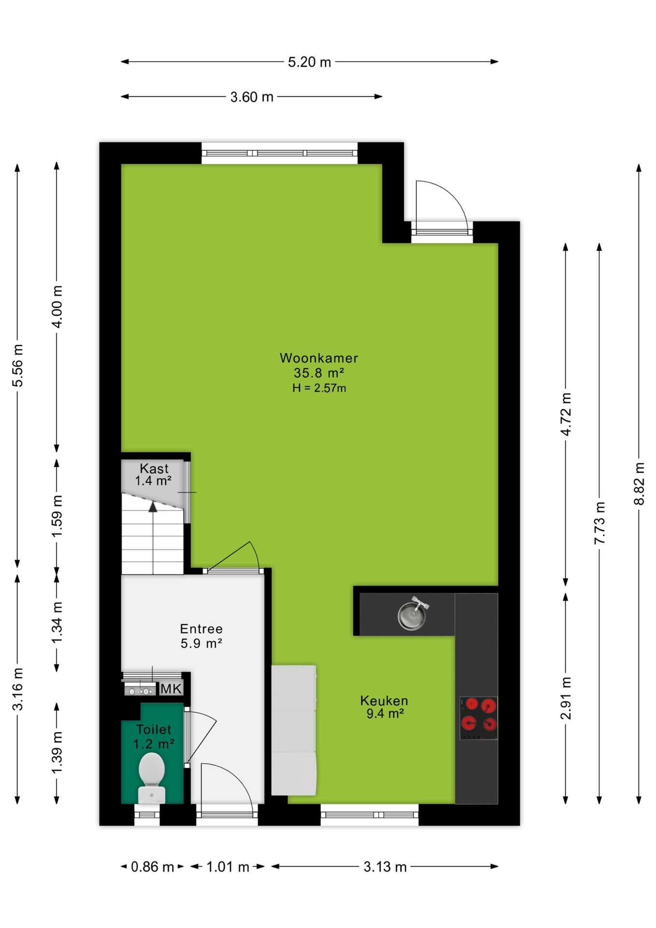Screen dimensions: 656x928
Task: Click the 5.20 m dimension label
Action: click(x=309, y=62)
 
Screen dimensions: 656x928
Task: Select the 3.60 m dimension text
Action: click(x=252, y=97)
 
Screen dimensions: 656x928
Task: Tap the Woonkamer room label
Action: click(x=319, y=358)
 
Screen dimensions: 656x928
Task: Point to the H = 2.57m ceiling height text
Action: click(x=319, y=388)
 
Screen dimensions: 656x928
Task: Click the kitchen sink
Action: click(x=413, y=614)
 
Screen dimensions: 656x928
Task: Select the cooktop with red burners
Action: click(x=478, y=718)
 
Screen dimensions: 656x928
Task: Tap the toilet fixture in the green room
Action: click(x=152, y=778)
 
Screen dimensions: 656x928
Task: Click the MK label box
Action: click(x=171, y=688)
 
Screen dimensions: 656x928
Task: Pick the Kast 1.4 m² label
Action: click(x=154, y=475)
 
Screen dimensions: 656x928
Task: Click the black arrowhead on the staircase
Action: click(x=153, y=507)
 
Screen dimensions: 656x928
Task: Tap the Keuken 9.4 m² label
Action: click(x=384, y=707)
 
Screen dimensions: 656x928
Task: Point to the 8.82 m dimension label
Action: click(x=639, y=484)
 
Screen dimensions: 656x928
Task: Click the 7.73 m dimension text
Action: click(x=599, y=523)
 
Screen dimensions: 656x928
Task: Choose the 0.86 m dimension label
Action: click(x=152, y=867)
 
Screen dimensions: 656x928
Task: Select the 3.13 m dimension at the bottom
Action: click(x=385, y=867)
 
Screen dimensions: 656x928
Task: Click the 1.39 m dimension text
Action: click(x=57, y=752)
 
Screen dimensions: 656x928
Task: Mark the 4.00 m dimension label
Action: click(x=57, y=307)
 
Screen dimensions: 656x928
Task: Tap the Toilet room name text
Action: click(x=154, y=729)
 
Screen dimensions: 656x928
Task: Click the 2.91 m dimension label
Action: click(x=566, y=698)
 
